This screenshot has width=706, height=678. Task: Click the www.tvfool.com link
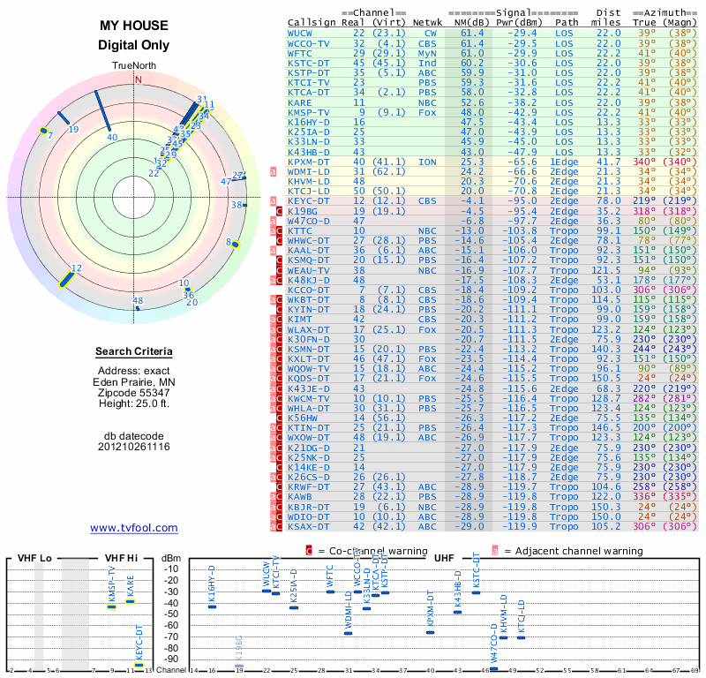pyautogui.click(x=134, y=528)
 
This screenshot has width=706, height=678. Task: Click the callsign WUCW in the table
pyautogui.click(x=299, y=33)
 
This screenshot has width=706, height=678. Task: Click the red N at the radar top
pyautogui.click(x=137, y=79)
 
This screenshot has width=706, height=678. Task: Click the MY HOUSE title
pyautogui.click(x=134, y=26)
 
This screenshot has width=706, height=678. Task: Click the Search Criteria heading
pyautogui.click(x=134, y=352)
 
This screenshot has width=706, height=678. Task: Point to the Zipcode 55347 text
pyautogui.click(x=134, y=391)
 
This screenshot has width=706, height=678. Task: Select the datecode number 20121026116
pyautogui.click(x=134, y=447)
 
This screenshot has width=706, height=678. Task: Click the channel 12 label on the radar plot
pyautogui.click(x=77, y=268)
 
